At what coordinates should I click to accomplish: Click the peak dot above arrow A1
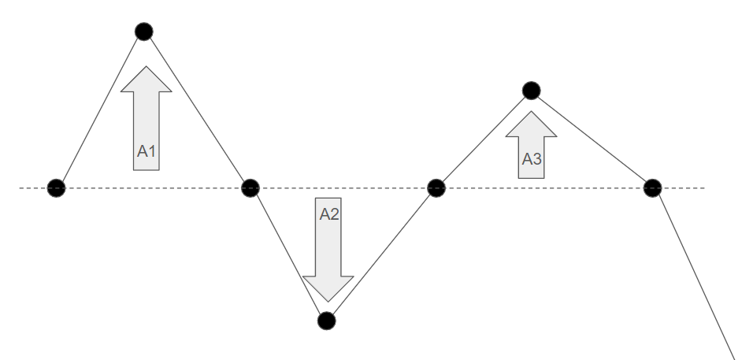pos(143,32)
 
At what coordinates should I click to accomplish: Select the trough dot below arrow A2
pos(325,321)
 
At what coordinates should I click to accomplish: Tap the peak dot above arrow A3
pos(532,91)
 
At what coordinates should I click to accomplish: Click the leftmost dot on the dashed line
pos(56,188)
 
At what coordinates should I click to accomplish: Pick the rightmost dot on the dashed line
pos(652,188)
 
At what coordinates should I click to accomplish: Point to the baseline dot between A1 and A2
pos(250,188)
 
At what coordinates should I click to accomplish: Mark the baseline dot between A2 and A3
pos(436,188)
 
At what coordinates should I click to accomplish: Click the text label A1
pos(146,151)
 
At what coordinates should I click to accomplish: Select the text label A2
pos(328,213)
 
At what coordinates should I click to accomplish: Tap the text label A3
pos(532,159)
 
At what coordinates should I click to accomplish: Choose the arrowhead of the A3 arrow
pos(532,124)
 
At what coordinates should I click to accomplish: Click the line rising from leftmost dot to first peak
pos(99,110)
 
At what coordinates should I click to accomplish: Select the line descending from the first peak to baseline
pos(197,110)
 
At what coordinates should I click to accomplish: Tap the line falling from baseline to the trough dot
pos(287,254)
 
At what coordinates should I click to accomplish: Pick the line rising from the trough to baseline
pos(381,254)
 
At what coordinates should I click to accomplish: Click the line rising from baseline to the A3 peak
pos(484,139)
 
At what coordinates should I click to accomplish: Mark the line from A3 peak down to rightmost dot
pos(592,139)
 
